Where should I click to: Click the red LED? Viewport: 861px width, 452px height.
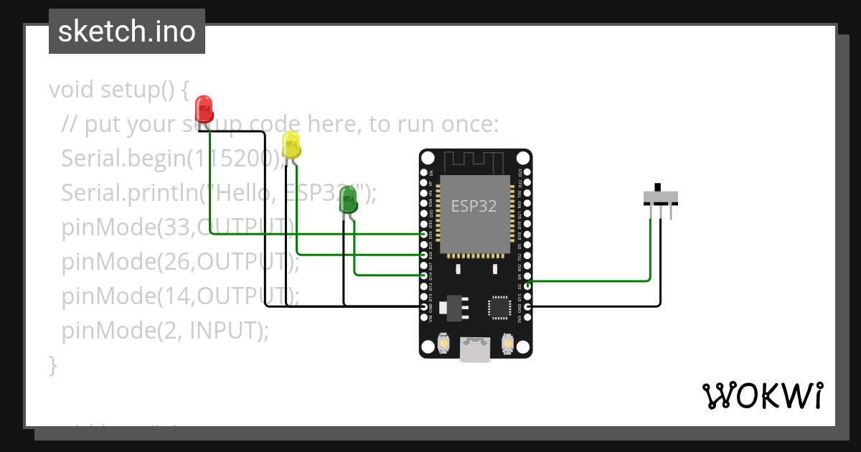204,109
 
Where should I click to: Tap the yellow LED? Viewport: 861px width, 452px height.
291,144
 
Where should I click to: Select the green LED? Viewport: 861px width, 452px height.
348,199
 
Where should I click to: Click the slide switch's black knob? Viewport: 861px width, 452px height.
659,188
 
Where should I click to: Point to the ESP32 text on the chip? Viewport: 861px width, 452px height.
474,207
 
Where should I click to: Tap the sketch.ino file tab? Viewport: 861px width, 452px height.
127,32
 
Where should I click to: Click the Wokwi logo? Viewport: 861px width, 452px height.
762,395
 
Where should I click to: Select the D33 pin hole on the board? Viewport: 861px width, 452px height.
423,234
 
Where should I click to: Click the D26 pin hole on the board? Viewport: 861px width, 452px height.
423,255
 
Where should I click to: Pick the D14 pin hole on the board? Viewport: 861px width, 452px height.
423,275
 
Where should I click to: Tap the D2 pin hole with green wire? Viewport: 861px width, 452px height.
528,286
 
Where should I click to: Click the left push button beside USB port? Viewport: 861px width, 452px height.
444,344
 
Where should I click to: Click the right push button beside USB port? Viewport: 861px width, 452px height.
507,344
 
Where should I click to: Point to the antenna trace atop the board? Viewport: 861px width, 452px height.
475,161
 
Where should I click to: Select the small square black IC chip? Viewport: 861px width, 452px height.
499,307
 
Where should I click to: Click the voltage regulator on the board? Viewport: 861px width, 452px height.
455,306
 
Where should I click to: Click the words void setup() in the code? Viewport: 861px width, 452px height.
118,90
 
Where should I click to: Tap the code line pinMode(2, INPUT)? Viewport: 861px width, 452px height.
165,331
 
